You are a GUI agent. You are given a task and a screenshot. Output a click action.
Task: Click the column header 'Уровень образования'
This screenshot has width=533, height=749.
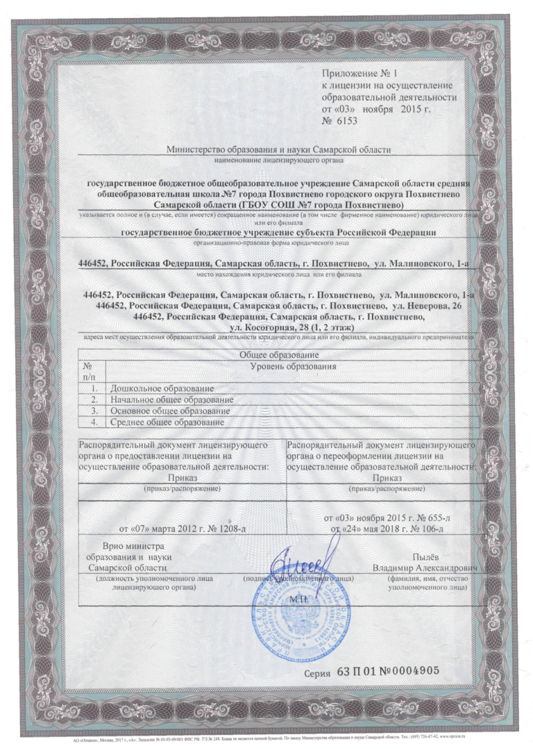(x=292, y=365)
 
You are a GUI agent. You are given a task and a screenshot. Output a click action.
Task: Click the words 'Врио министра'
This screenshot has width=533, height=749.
(x=132, y=548)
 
